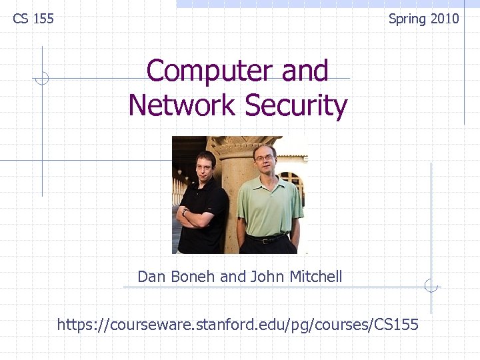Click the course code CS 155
pos(33,19)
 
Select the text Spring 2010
pos(424,19)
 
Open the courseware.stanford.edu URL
pos(238,325)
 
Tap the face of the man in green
pos(265,161)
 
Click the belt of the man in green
pos(267,238)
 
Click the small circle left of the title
pos(42,79)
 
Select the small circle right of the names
pos(431,286)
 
